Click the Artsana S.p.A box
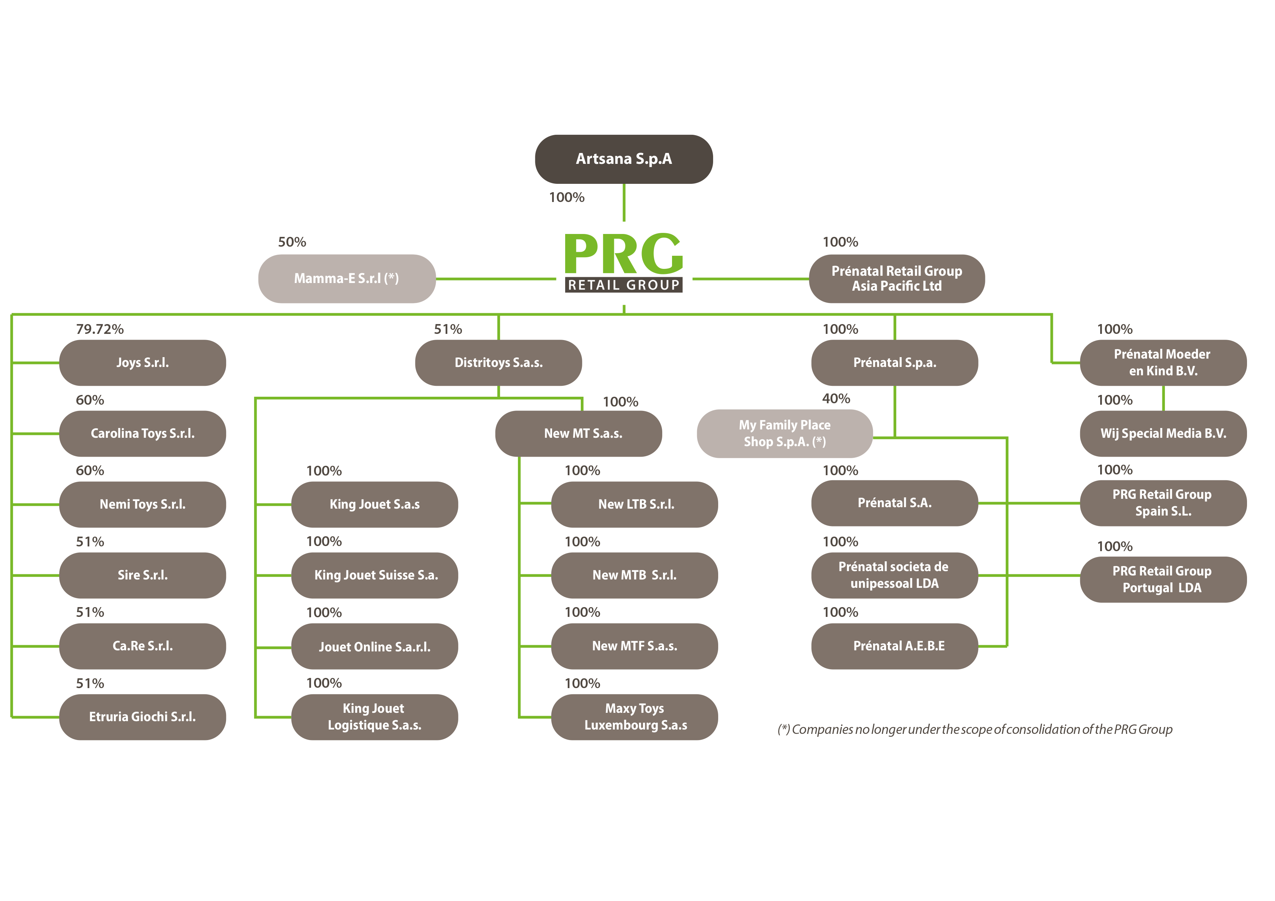(x=624, y=159)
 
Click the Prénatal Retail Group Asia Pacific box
(x=897, y=279)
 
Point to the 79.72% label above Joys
(x=100, y=329)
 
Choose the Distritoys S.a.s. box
(x=499, y=363)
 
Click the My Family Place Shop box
(x=785, y=433)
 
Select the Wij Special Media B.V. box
(x=1163, y=433)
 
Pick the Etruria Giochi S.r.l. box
(x=143, y=717)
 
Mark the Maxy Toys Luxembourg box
(x=635, y=717)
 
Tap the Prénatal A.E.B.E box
(x=894, y=646)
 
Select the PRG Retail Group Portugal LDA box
(x=1163, y=579)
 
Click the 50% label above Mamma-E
(x=292, y=242)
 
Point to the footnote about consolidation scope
(x=975, y=730)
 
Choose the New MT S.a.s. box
(x=579, y=433)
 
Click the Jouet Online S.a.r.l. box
(x=375, y=646)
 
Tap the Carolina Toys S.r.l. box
(x=143, y=433)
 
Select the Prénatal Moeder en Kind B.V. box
(x=1163, y=363)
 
